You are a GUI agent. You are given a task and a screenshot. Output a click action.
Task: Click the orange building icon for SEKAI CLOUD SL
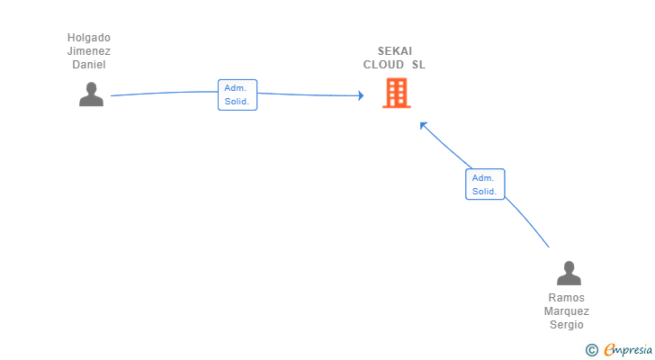396,93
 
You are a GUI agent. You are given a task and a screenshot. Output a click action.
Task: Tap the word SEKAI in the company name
395,51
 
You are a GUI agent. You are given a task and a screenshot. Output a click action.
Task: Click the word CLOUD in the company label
384,65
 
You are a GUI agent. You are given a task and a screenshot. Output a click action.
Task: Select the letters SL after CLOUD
418,65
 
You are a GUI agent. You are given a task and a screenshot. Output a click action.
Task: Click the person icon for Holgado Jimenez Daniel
91,94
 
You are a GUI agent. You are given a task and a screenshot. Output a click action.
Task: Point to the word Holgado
89,38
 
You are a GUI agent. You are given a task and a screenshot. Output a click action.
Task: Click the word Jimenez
89,51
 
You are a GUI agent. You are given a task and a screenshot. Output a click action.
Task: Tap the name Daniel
89,65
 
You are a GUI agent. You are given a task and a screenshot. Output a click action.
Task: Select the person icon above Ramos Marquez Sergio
569,273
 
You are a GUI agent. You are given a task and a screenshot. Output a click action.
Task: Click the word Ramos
567,298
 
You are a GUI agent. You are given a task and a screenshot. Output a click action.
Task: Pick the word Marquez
567,311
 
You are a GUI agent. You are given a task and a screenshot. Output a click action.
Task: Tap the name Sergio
567,325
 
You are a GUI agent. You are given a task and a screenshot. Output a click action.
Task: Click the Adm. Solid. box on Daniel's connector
238,94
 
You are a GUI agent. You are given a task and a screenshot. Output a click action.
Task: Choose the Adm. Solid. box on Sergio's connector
485,184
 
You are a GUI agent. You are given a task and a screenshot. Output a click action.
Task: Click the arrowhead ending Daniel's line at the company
360,94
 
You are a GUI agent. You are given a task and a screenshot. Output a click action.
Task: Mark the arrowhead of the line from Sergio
423,125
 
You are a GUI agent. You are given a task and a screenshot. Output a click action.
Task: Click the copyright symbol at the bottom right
591,350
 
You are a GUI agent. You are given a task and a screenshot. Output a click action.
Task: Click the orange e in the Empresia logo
609,350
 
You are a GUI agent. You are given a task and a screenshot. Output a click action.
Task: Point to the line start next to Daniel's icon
112,95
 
